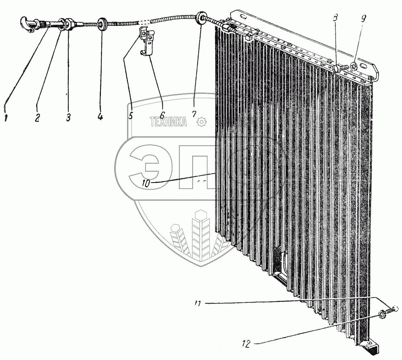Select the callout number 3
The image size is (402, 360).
pos(68,117)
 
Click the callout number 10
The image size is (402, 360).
pos(146,183)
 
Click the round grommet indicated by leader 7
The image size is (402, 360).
pos(200,19)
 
